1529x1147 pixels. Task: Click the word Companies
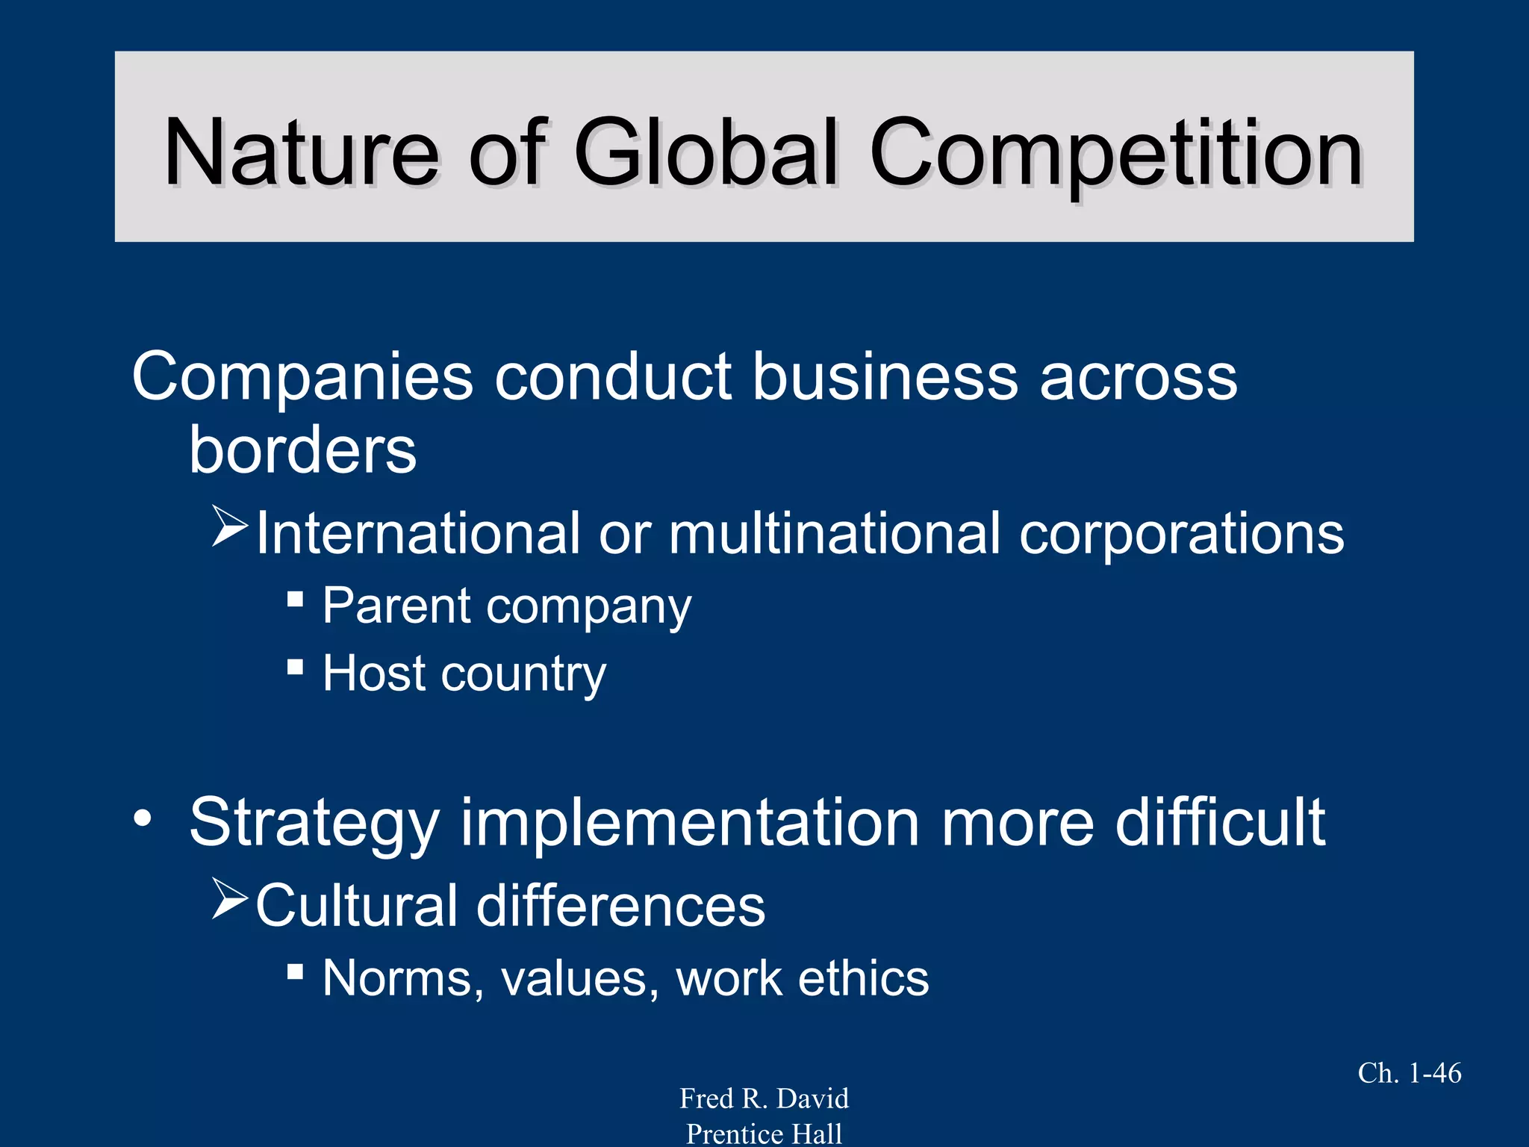(x=302, y=378)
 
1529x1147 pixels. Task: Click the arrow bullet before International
(x=228, y=526)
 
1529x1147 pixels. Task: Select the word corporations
(x=1181, y=535)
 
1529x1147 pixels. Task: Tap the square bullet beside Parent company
(x=295, y=598)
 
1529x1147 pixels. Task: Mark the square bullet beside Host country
(x=295, y=666)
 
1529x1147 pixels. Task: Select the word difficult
(x=1220, y=821)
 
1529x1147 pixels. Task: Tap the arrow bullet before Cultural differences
(x=228, y=898)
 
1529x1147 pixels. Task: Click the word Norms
(x=403, y=978)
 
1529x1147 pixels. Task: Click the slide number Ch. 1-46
(x=1409, y=1073)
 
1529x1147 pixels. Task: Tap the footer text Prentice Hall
(x=764, y=1134)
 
